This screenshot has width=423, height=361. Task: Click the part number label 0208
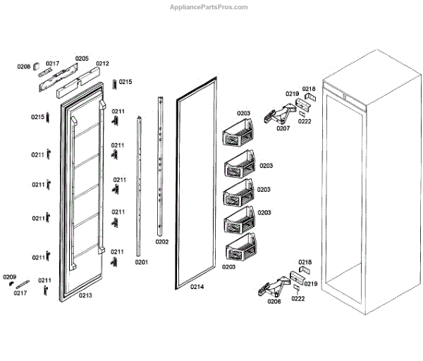pyautogui.click(x=24, y=66)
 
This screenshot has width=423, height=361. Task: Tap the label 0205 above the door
pyautogui.click(x=82, y=59)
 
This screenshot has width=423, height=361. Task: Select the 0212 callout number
pyautogui.click(x=102, y=63)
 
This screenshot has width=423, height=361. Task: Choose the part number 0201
pyautogui.click(x=141, y=262)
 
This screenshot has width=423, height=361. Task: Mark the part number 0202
pyautogui.click(x=161, y=241)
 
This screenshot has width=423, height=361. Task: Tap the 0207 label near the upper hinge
pyautogui.click(x=283, y=128)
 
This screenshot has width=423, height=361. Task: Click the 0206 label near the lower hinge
pyautogui.click(x=274, y=301)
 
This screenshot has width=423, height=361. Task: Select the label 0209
pyautogui.click(x=9, y=276)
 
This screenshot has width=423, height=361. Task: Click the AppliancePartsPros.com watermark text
pyautogui.click(x=209, y=7)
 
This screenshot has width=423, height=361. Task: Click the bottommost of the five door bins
pyautogui.click(x=238, y=250)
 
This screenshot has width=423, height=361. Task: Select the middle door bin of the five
pyautogui.click(x=238, y=192)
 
